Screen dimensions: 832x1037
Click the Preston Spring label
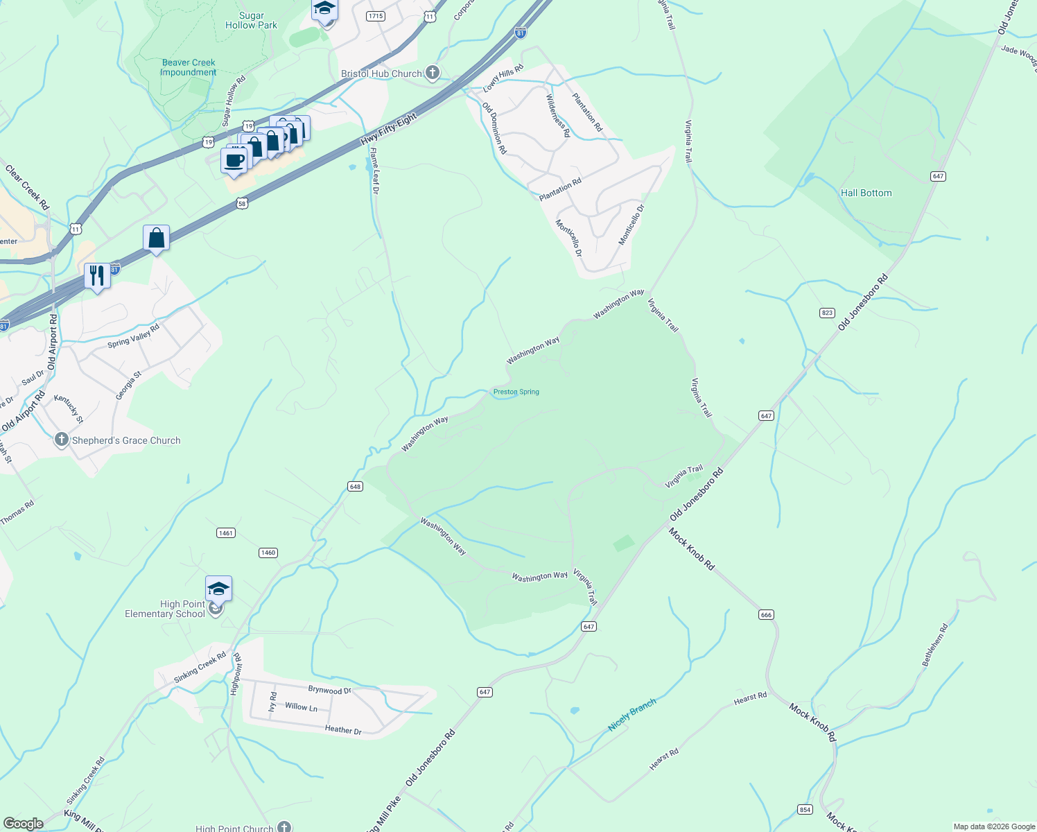coord(516,392)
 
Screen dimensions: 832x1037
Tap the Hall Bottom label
coord(866,193)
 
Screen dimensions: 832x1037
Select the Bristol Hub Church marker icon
coord(432,73)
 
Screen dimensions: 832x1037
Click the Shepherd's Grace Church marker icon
coord(62,440)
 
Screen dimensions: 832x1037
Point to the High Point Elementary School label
coord(166,609)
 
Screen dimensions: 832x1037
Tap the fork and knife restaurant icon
coord(97,276)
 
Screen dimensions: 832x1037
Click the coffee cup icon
coord(234,161)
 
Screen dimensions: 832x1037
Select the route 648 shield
coord(355,487)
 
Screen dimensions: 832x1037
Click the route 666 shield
coord(766,615)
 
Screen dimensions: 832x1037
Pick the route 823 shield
coord(827,313)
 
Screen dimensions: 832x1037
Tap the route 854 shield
coord(805,810)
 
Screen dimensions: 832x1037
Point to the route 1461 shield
coord(226,533)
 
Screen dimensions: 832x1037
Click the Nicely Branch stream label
coord(631,716)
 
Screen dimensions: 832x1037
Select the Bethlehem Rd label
coord(934,645)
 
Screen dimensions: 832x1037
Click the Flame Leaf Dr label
coord(374,171)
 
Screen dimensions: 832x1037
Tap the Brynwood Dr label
coord(330,690)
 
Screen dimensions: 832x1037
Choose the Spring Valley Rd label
coord(134,336)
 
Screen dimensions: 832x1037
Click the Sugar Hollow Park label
coord(251,20)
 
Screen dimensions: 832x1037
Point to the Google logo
coord(24,824)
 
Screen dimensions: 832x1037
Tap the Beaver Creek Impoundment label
coord(189,67)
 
